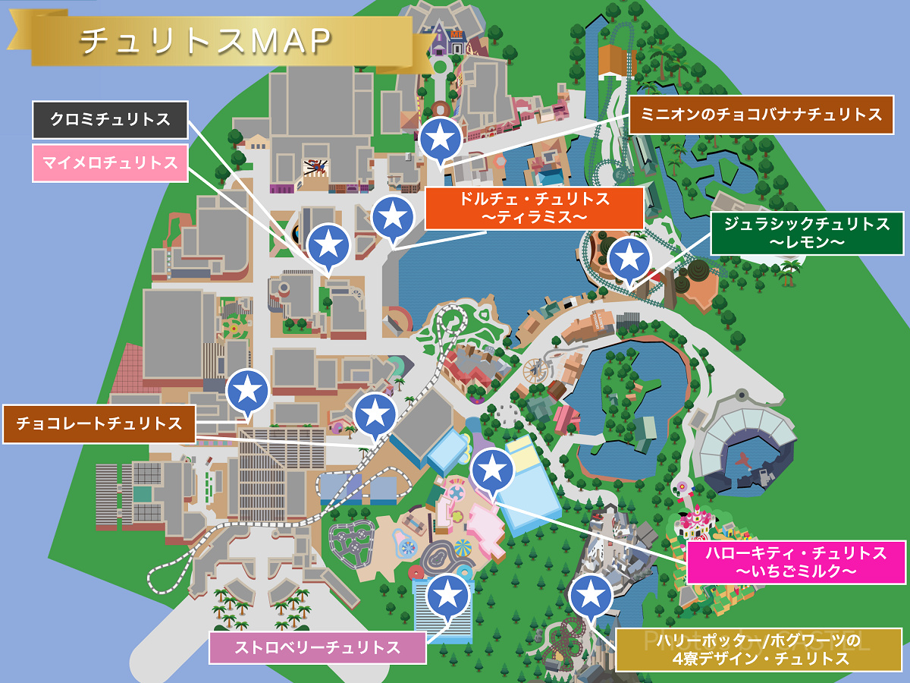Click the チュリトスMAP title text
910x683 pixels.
(206, 41)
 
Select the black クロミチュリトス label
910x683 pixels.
(110, 120)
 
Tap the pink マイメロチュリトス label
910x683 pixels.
(110, 162)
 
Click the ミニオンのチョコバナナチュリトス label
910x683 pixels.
(761, 115)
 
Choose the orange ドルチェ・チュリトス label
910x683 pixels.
(534, 208)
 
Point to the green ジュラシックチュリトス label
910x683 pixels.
(807, 233)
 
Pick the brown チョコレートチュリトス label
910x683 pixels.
(99, 423)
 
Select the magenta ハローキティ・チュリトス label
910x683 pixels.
(795, 562)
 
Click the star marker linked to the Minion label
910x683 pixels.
(441, 138)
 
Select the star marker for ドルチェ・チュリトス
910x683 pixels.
(393, 216)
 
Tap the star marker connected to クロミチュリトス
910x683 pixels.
(328, 244)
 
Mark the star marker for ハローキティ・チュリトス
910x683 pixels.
(492, 470)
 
